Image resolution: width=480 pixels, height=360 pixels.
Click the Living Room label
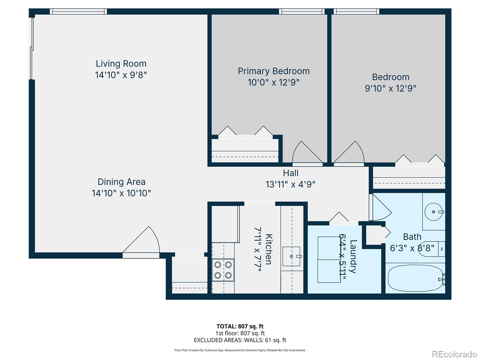(121, 64)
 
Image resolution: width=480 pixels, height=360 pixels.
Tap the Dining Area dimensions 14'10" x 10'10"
(121, 193)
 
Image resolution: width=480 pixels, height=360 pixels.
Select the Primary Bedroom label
(273, 71)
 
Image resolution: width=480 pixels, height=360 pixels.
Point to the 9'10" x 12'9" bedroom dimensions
(390, 88)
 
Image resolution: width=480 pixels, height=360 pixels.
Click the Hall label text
(290, 173)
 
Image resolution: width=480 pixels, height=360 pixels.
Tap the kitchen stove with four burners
(223, 270)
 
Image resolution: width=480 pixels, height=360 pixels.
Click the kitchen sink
(291, 256)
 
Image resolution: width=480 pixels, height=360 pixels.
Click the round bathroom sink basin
(433, 212)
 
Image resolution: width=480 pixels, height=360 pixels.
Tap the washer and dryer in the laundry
(329, 259)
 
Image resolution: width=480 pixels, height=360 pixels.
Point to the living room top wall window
(78, 11)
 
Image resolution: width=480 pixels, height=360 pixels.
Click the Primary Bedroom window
(301, 11)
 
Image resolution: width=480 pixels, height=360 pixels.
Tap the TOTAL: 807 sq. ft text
(240, 326)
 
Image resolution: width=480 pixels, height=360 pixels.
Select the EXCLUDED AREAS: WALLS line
(240, 340)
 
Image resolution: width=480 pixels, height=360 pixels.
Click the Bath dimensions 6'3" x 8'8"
(412, 248)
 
